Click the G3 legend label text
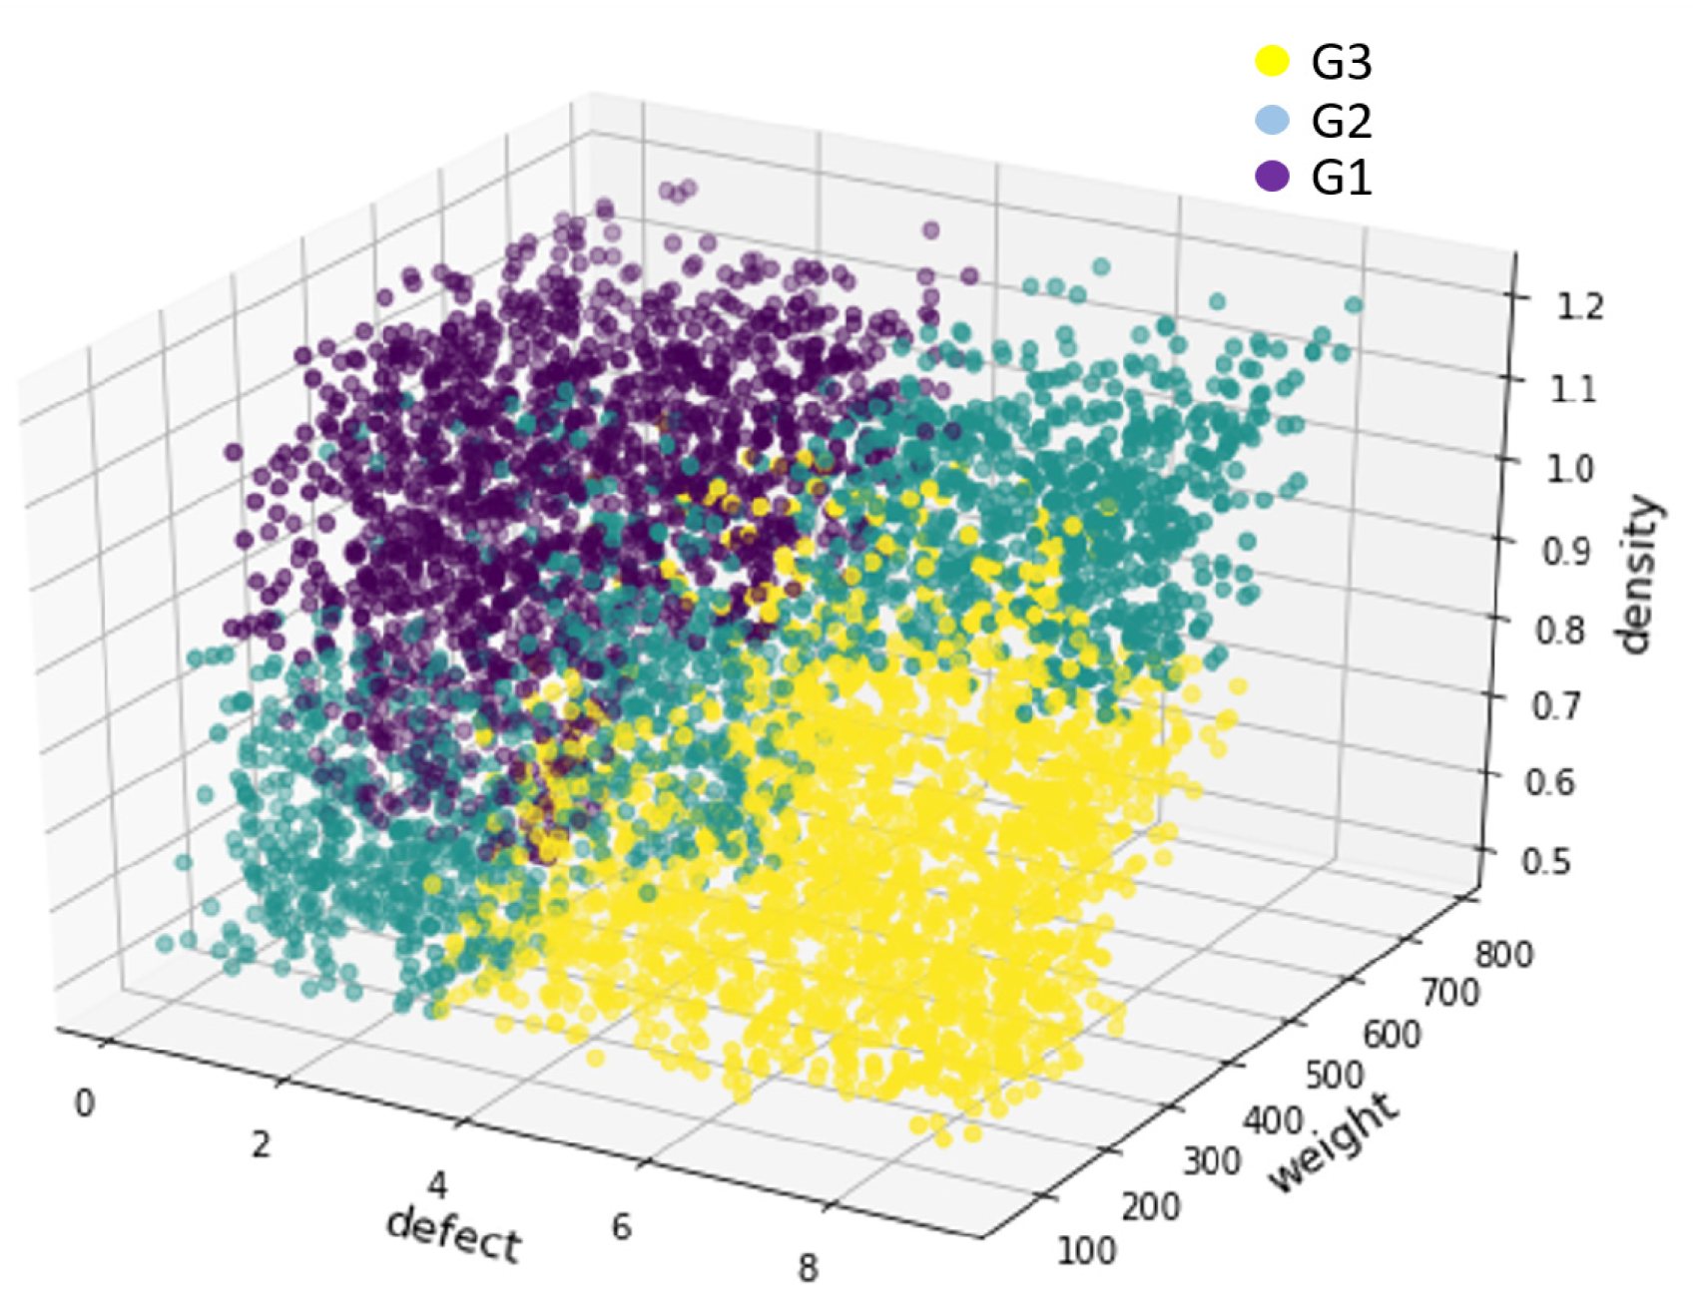click(x=1341, y=63)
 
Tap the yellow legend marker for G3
click(x=1272, y=61)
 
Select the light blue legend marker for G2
click(x=1272, y=120)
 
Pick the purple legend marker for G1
click(x=1272, y=177)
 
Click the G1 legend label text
click(x=1341, y=179)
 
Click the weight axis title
click(x=1334, y=1143)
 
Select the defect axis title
click(x=453, y=1235)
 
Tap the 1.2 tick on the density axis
click(x=1579, y=305)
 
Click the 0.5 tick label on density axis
click(x=1546, y=860)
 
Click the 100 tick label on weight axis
click(x=1086, y=1250)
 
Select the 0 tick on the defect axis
click(x=85, y=1103)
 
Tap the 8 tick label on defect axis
click(x=808, y=1269)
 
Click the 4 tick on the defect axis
click(x=437, y=1185)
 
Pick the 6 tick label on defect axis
click(x=621, y=1226)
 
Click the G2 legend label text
click(x=1341, y=121)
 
